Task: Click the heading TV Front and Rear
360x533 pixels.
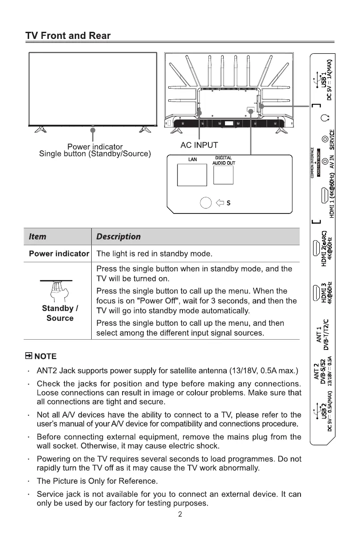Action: pos(68,36)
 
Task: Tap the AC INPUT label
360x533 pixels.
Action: pos(199,145)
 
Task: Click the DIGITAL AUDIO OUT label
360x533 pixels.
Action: pos(224,161)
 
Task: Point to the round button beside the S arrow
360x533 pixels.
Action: pos(205,203)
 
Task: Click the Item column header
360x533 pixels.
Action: pos(38,236)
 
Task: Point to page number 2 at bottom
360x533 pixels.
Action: pos(180,514)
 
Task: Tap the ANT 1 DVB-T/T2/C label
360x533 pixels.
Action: pos(323,335)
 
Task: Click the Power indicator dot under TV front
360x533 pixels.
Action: pos(93,130)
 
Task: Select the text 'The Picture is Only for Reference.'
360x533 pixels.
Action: pos(97,481)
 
